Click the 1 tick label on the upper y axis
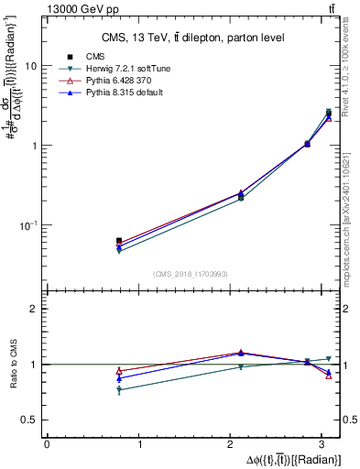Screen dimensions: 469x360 click(34, 146)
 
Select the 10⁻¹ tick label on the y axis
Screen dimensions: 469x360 click(29, 225)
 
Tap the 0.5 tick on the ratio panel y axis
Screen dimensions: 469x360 click(29, 420)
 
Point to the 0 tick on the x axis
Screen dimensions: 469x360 click(47, 444)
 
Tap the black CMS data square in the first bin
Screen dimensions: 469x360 click(119, 241)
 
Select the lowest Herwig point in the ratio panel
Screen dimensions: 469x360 click(119, 390)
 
